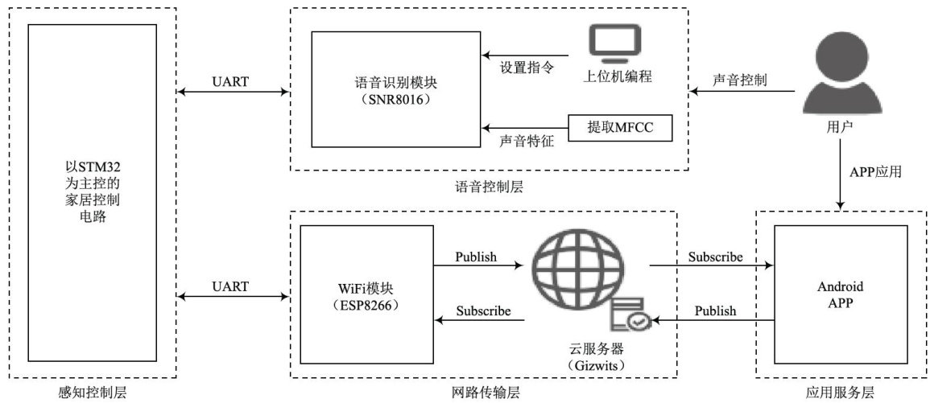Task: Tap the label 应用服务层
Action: point(840,393)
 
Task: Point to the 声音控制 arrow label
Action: point(739,81)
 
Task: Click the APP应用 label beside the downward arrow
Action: point(875,171)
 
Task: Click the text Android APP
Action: point(840,294)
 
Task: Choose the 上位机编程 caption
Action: point(617,77)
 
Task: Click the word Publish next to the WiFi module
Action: point(477,258)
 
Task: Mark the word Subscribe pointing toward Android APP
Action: point(714,258)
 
